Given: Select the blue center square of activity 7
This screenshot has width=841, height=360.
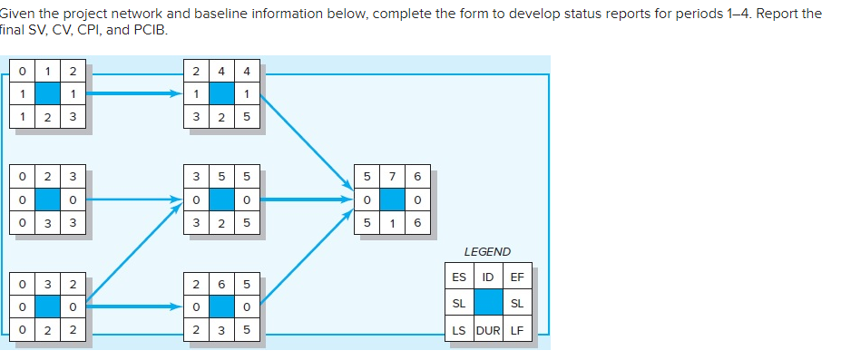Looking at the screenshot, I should pos(392,196).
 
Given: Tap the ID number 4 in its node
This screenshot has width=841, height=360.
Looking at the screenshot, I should pos(223,71).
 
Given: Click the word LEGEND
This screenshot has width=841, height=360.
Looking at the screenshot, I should pos(487,251).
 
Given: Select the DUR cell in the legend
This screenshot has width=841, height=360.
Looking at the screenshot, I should pos(488,330).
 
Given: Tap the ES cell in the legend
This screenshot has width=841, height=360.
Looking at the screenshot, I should pos(459,277).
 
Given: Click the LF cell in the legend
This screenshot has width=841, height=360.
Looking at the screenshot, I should pos(517,330).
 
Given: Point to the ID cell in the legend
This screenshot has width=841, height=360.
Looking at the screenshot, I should pos(488,277).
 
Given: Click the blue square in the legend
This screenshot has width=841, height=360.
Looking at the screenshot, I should pos(488,303).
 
